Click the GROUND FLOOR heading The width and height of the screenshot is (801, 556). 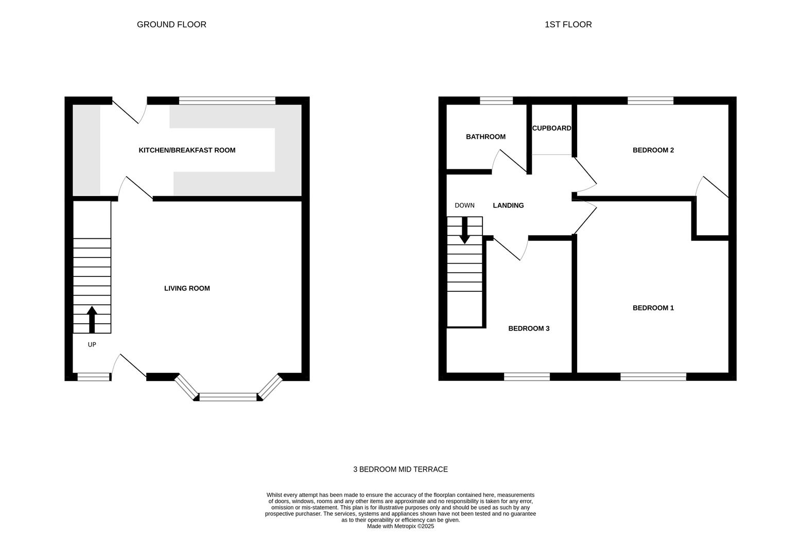click(x=171, y=24)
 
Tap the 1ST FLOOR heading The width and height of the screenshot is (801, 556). click(x=568, y=24)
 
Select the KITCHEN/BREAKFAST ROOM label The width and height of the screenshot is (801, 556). click(x=187, y=150)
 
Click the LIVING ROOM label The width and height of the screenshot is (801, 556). click(x=187, y=288)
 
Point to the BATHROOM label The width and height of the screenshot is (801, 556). click(x=485, y=136)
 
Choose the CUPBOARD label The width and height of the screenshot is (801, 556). click(x=552, y=128)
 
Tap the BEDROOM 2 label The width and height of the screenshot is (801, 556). click(x=653, y=150)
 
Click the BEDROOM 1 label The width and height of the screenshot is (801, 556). click(x=653, y=308)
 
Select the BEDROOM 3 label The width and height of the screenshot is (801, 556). click(x=529, y=328)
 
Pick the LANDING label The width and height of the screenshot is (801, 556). click(x=508, y=205)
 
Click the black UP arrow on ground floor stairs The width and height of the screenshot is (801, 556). click(x=92, y=319)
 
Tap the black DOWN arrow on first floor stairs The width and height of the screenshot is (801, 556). click(x=464, y=231)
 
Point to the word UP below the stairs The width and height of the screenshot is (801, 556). click(x=92, y=345)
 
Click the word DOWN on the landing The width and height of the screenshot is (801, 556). click(x=464, y=205)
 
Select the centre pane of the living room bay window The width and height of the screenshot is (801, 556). click(x=228, y=397)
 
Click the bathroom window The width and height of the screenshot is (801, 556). click(x=496, y=100)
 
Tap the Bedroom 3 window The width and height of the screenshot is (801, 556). click(x=527, y=376)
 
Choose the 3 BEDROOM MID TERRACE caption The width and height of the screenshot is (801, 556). click(x=400, y=469)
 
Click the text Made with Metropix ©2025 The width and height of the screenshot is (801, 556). click(x=400, y=526)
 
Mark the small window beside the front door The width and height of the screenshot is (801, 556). click(x=93, y=377)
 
